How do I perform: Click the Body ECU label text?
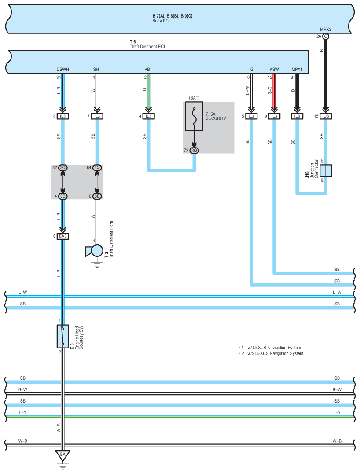pos(162,21)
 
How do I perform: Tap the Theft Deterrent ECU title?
pos(148,47)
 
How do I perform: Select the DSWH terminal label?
pos(62,70)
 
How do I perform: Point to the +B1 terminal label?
pos(148,70)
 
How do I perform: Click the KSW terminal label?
pos(274,70)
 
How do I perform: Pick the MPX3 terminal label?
pos(326,30)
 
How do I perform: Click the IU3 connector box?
pos(326,116)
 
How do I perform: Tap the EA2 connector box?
pos(63,236)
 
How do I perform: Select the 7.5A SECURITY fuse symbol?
pos(194,116)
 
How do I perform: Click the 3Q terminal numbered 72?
pos(194,150)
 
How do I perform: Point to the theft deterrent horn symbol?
pos(95,251)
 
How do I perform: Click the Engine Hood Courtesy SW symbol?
pos(63,337)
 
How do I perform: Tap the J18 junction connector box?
pos(326,170)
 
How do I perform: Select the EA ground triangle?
pos(63,455)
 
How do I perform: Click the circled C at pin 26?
pos(326,37)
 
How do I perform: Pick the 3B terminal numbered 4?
pos(63,196)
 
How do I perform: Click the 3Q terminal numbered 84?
pos(97,167)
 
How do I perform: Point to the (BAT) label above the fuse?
pos(194,98)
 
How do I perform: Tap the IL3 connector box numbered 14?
pos(149,116)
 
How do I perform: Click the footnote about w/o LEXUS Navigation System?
pos(271,353)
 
